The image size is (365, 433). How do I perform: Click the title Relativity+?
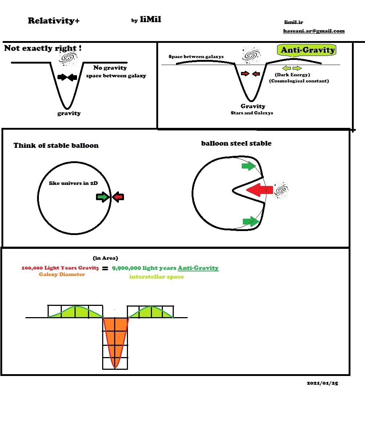coord(53,21)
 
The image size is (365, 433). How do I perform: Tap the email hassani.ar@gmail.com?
coord(314,31)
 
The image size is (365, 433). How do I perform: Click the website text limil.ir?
coord(293,23)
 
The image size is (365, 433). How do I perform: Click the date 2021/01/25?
coord(322,383)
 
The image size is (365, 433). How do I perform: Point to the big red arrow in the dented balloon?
coord(260,190)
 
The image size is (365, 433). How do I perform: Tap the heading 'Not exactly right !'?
coord(42,48)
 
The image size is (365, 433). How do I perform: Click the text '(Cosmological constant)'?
coord(299,81)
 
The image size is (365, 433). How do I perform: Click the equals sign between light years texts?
coord(105,269)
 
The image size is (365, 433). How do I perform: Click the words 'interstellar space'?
coord(156,277)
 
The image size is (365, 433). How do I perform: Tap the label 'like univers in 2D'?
coord(73,183)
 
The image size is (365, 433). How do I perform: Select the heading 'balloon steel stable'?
coord(236,143)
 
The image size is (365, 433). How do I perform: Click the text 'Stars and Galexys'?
coord(252,113)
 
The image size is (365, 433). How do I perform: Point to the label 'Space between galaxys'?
coord(196,57)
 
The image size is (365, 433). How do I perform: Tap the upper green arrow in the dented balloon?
coord(249,166)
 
